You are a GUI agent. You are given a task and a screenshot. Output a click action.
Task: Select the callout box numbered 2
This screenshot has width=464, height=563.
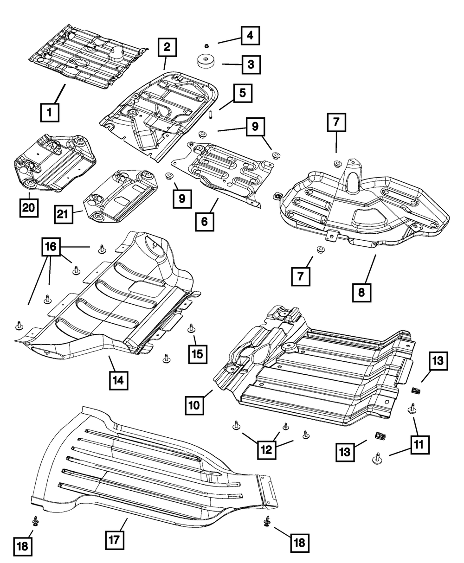click(167, 47)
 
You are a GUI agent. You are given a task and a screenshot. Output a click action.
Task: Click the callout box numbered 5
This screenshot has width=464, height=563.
click(242, 93)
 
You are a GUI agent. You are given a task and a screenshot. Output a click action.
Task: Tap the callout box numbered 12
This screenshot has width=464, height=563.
click(268, 448)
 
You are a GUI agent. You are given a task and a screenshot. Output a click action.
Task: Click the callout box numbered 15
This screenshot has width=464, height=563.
click(198, 354)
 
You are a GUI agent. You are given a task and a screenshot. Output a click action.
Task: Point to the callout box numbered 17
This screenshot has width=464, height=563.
click(114, 539)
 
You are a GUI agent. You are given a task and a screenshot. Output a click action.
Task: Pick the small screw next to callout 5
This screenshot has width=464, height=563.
click(211, 113)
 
